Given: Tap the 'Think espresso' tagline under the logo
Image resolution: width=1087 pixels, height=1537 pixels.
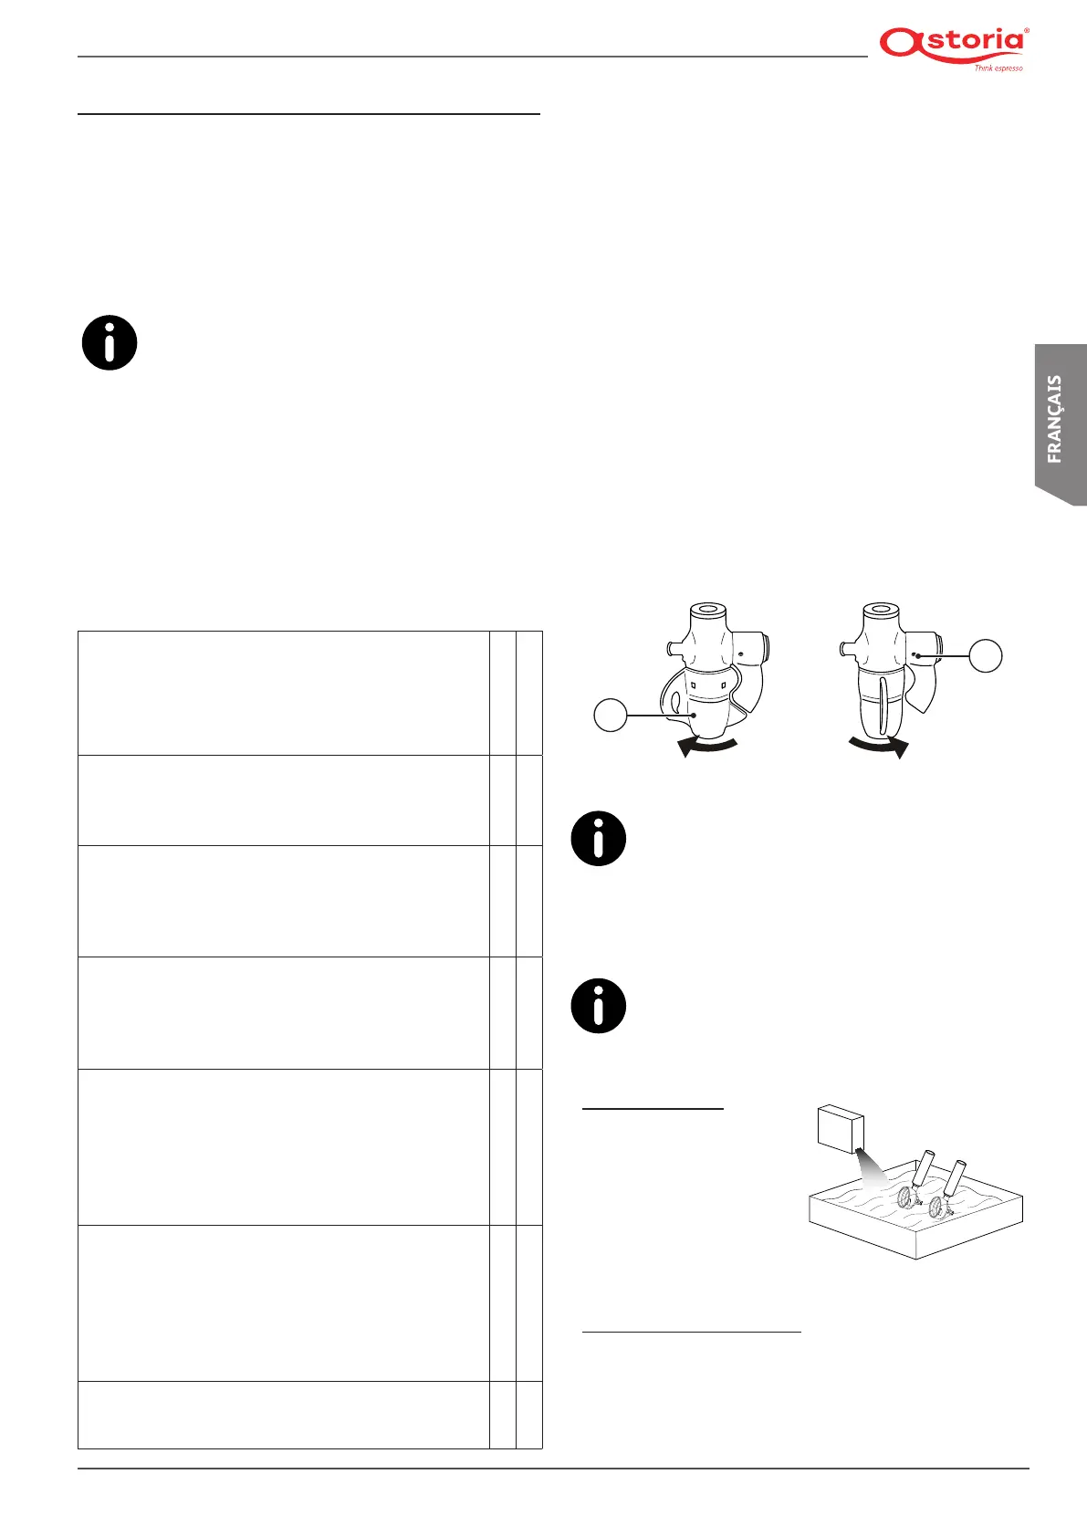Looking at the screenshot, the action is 998,68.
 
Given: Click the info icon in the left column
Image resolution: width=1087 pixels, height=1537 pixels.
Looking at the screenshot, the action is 110,343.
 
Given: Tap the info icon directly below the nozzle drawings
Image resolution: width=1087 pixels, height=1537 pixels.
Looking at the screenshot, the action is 599,838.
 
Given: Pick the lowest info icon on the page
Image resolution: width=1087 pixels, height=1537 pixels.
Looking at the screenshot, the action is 599,1006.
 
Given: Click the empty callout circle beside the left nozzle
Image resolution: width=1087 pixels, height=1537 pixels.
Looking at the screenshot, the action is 611,715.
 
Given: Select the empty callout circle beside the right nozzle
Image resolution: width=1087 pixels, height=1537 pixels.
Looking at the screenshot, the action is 985,655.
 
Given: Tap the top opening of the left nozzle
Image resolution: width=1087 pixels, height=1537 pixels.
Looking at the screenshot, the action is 706,609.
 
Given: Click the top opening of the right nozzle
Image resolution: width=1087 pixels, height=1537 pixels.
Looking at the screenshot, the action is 881,609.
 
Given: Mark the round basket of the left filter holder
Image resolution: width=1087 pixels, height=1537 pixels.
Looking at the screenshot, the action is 905,1197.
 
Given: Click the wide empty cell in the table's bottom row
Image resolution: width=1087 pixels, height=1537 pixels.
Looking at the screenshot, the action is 283,1415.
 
